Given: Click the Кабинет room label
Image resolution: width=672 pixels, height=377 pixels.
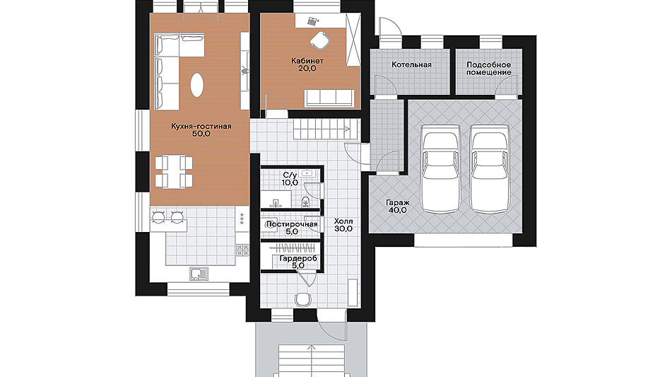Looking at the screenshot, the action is tap(307, 61).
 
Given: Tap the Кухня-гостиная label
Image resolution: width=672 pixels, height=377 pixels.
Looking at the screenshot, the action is tap(201, 127).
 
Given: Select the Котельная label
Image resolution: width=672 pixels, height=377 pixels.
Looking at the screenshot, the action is tap(411, 65).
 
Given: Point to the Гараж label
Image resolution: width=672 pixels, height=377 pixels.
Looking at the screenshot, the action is tap(397, 202).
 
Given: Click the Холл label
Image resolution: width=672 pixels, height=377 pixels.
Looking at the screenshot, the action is tap(343, 221).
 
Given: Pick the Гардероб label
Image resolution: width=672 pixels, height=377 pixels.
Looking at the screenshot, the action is tap(298, 259).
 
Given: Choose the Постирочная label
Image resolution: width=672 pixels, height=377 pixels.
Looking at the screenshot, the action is tap(292, 224).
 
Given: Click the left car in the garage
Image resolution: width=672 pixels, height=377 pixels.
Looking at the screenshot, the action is tap(440, 168).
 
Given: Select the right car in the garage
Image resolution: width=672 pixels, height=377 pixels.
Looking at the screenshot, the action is tap(490, 168).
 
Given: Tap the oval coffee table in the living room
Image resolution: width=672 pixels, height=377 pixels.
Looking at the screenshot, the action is tap(197, 85).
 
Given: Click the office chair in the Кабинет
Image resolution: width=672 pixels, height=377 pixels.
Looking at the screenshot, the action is tap(319, 39).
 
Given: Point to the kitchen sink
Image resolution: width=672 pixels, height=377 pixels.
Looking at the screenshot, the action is tap(199, 274).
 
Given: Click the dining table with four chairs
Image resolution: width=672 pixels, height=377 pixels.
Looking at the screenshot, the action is tap(174, 172).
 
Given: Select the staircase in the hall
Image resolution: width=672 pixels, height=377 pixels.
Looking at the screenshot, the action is tap(326, 128).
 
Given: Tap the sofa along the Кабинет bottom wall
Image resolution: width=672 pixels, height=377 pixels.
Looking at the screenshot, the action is tap(329, 98).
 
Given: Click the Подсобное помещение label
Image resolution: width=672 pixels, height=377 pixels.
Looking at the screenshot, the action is tap(488, 69).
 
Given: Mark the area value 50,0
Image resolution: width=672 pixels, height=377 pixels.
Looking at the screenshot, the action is tap(201, 134).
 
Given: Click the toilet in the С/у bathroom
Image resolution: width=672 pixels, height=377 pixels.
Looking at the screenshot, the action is tap(305, 202).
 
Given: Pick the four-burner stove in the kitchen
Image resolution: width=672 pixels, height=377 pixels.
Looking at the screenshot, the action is tap(242, 250).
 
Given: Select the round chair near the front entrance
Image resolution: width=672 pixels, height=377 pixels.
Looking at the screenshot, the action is tap(302, 299).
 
